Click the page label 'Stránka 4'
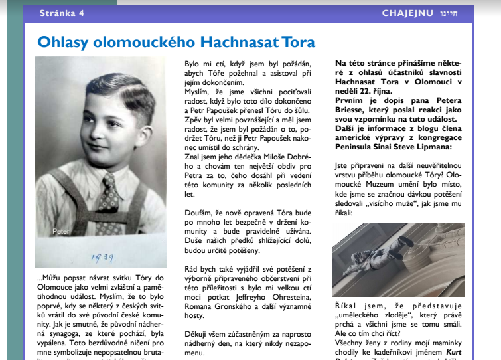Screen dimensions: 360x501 click(x=62, y=13)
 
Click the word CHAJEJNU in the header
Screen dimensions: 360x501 click(x=407, y=13)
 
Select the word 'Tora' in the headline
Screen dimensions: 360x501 click(x=299, y=43)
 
